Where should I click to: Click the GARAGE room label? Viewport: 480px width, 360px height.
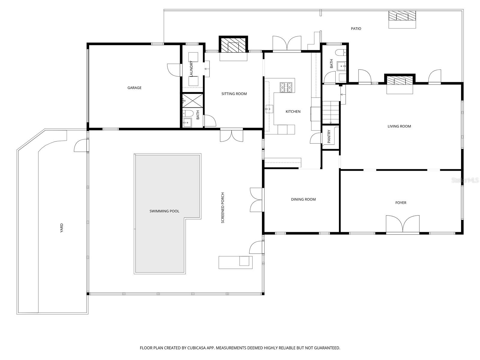[134, 88]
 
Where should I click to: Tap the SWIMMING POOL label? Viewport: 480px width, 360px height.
[164, 211]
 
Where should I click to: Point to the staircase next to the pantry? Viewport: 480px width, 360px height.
[331, 112]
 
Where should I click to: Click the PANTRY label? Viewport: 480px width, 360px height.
[329, 136]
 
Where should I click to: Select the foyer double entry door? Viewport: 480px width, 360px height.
[403, 224]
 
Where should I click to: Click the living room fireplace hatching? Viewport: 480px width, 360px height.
[400, 80]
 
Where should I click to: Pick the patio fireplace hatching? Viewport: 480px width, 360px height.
[402, 16]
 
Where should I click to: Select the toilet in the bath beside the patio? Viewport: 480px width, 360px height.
[340, 52]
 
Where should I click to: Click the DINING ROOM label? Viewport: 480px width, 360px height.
[303, 199]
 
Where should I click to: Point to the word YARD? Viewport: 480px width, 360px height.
[61, 228]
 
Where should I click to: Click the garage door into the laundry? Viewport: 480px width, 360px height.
[174, 70]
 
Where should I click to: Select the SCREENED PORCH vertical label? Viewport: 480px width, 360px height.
[223, 208]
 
